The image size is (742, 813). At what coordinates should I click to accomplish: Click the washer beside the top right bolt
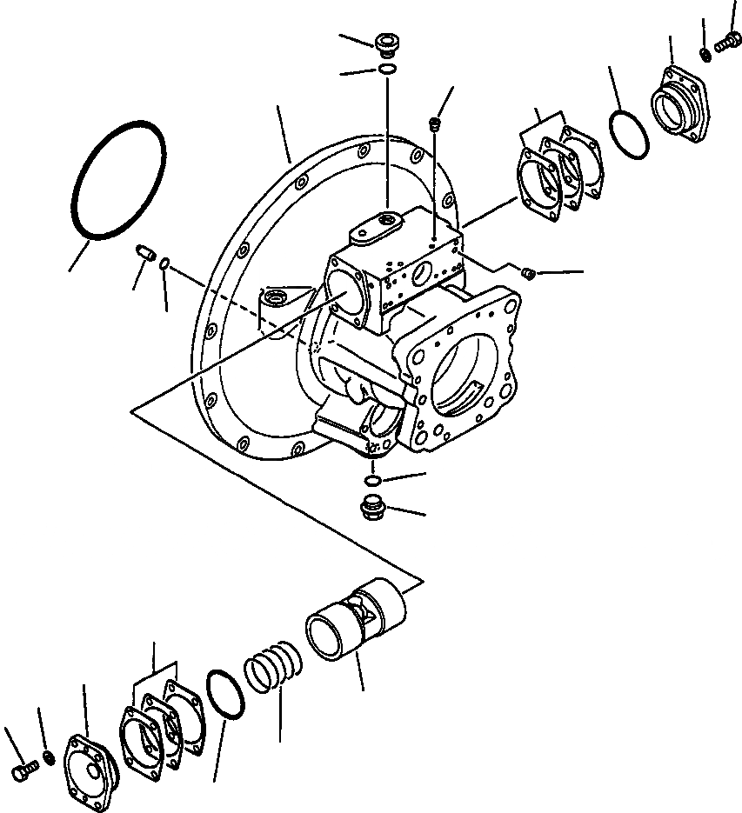click(705, 55)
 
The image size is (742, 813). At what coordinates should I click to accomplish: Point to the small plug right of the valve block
click(527, 275)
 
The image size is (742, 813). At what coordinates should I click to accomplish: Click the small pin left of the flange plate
click(146, 255)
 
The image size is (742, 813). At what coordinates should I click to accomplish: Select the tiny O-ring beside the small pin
click(164, 264)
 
